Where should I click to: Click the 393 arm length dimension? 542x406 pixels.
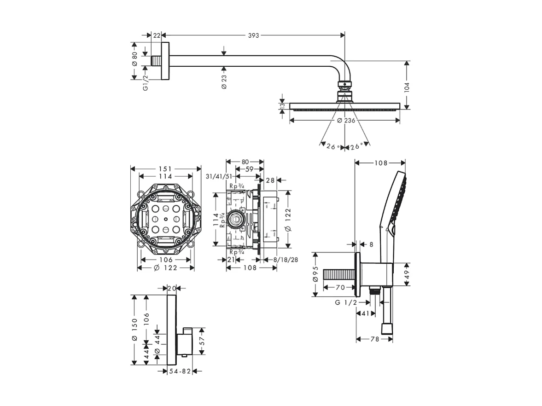[254, 35]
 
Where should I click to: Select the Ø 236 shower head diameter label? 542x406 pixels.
[345, 121]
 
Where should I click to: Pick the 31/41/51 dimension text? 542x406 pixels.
[219, 176]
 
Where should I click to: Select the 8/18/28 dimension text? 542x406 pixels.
[286, 260]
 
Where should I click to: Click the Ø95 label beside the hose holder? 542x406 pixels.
[316, 275]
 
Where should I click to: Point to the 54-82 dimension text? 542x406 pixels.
[180, 371]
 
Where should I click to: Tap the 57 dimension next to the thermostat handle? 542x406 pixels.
[202, 342]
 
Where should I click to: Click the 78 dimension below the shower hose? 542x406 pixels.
[374, 339]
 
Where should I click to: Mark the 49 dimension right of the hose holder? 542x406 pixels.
[407, 275]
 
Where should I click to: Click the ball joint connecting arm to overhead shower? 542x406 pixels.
[344, 85]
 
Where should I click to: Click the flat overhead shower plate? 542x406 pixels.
[345, 106]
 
